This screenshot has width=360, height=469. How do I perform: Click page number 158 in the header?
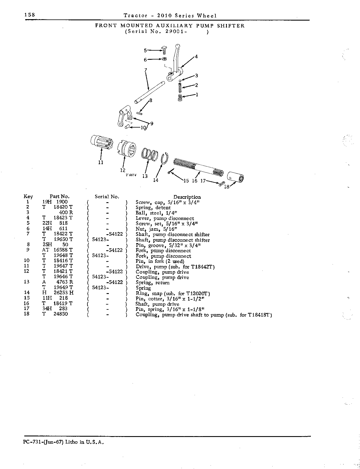pos(29,15)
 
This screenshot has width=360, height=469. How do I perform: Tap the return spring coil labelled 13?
pos(149,154)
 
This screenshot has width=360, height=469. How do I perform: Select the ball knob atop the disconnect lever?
pos(178,47)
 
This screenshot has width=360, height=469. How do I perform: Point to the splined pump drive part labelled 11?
pos(101,142)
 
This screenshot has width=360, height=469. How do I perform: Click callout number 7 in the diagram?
pos(145,70)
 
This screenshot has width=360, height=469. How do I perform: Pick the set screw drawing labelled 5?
pos(165,50)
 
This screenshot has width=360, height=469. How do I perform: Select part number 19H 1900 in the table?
pos(55,202)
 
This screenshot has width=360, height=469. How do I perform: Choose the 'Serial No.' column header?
pos(107,197)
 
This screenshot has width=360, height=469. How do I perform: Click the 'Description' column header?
pos(187,197)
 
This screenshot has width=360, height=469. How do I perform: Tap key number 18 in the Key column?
pos(26,314)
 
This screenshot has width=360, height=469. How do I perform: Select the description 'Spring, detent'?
pos(153,208)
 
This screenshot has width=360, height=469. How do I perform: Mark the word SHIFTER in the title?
pos(231,26)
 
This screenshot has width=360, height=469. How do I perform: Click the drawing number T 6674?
pos(131,175)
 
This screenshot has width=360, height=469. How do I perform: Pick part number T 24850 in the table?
pos(55,314)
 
